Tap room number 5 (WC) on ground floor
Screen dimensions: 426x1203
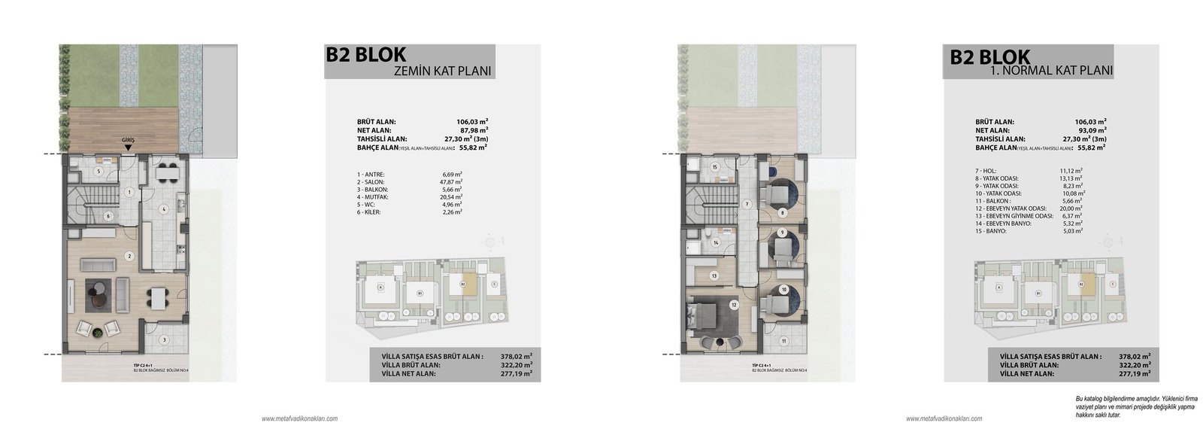pyautogui.click(x=98, y=171)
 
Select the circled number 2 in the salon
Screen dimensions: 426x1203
pyautogui.click(x=129, y=256)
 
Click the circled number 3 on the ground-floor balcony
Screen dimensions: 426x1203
pyautogui.click(x=164, y=340)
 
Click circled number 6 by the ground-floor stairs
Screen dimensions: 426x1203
pyautogui.click(x=108, y=216)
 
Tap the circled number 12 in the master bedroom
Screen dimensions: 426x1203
pyautogui.click(x=732, y=305)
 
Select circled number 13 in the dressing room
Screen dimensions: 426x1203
pyautogui.click(x=714, y=276)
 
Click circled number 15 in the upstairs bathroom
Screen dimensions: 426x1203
pyautogui.click(x=715, y=166)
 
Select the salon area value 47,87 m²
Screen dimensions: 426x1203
pyautogui.click(x=450, y=181)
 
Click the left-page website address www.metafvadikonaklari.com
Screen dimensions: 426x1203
pyautogui.click(x=299, y=418)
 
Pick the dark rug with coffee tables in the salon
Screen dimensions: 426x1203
pyautogui.click(x=103, y=292)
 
